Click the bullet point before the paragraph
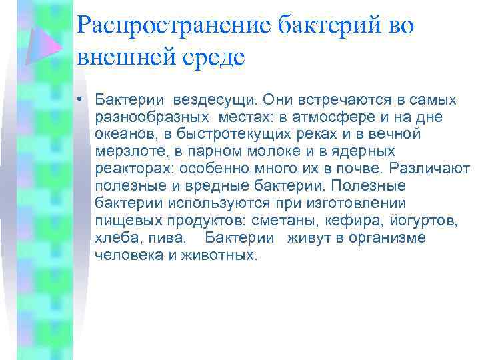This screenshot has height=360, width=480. (79, 101)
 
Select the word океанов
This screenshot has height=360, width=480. (125, 135)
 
